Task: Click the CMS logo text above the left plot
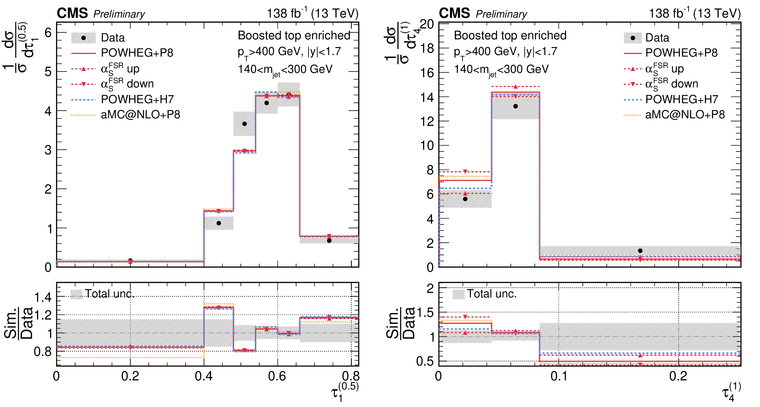(72, 13)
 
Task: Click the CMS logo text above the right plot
(454, 13)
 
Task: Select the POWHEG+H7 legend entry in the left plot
(137, 99)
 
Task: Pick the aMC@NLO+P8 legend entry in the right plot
(685, 115)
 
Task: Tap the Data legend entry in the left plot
(113, 38)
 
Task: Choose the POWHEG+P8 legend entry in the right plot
(681, 53)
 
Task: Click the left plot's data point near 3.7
(245, 124)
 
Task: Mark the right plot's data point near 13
(516, 106)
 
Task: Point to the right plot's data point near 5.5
(465, 199)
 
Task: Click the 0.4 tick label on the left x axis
(204, 376)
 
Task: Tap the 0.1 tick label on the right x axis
(559, 376)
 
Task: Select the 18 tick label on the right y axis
(427, 48)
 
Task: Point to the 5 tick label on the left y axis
(48, 72)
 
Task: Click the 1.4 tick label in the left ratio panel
(43, 297)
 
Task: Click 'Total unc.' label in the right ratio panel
(492, 294)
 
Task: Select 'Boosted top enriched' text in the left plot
(294, 36)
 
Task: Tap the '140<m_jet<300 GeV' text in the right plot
(501, 70)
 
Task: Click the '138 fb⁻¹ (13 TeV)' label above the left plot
(312, 13)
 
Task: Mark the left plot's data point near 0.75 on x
(329, 241)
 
